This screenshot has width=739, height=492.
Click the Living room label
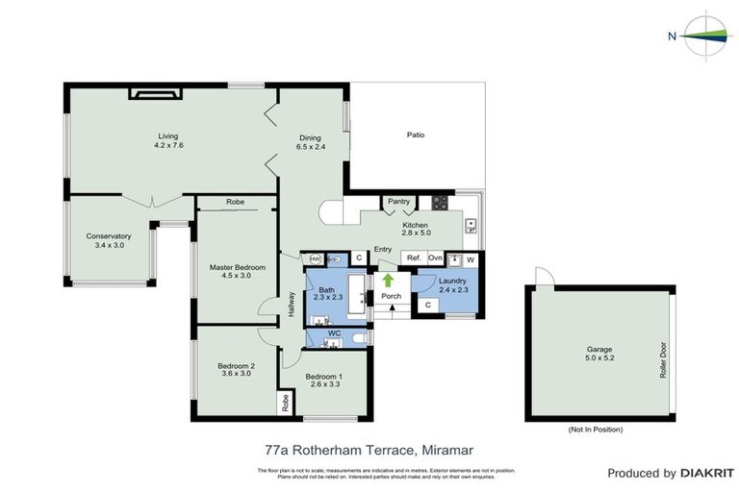[168, 135]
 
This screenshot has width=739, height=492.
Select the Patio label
[416, 135]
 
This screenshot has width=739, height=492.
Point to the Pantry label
[398, 202]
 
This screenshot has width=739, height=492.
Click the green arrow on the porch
[388, 281]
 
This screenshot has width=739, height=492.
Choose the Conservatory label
[108, 235]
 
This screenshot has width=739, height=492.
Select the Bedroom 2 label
[236, 365]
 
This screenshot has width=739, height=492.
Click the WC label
[334, 333]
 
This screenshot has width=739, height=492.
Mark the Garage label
[599, 350]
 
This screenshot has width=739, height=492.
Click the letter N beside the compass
[672, 37]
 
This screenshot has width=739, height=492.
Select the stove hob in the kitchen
[440, 203]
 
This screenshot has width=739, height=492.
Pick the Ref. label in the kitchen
[414, 258]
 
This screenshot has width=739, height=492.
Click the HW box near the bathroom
[316, 259]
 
